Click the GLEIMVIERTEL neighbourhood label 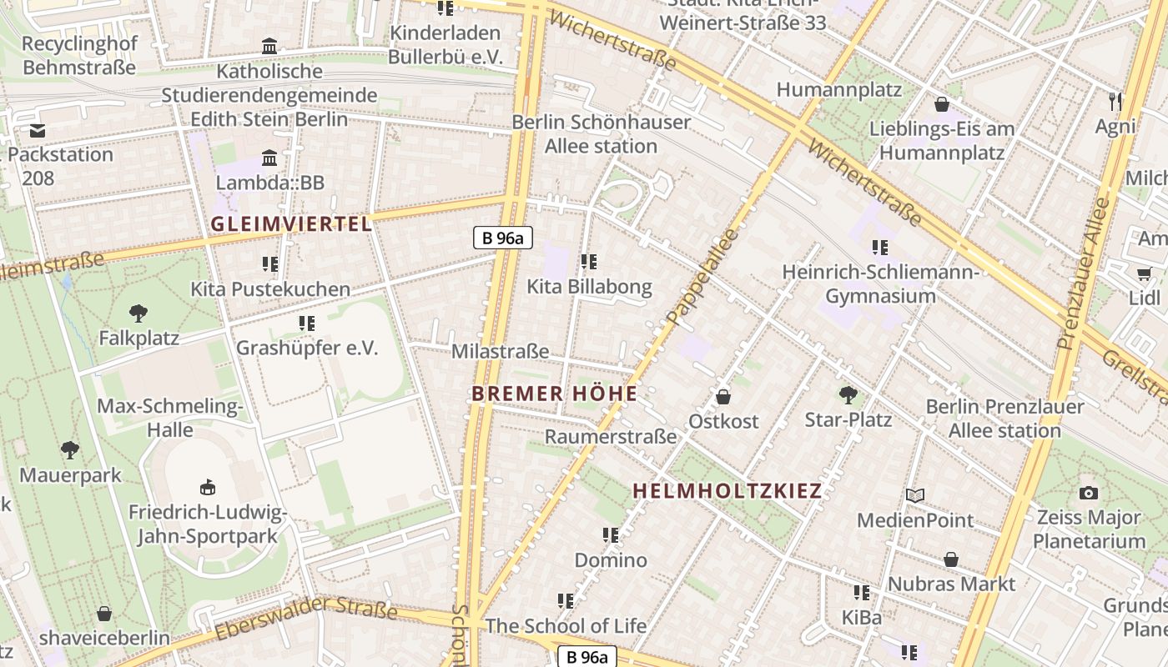(290, 223)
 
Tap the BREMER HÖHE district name (554, 394)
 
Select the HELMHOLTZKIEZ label (727, 490)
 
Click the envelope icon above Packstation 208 (38, 131)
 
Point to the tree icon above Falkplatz (138, 314)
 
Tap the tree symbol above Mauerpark (70, 451)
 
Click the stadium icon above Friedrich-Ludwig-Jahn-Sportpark (207, 487)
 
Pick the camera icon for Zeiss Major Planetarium (1089, 493)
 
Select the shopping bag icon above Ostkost (723, 397)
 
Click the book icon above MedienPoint (915, 496)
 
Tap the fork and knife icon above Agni (1115, 102)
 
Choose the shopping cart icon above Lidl (1144, 273)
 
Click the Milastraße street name (500, 351)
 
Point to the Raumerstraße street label (611, 436)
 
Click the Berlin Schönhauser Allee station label (601, 134)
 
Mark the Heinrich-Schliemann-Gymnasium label (880, 284)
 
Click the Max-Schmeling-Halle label (170, 419)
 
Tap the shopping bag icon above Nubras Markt (951, 559)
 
